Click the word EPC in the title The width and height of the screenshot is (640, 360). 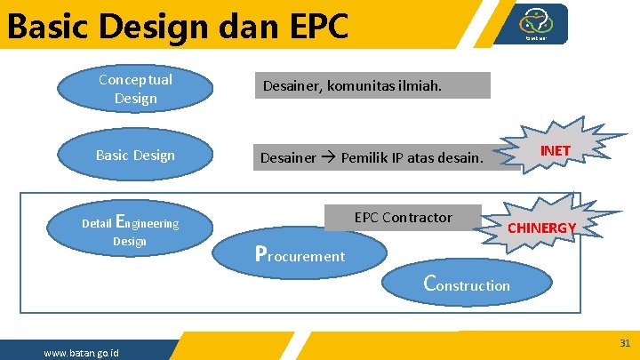312,27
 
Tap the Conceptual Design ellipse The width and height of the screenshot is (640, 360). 135,89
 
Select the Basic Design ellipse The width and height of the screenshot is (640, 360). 135,156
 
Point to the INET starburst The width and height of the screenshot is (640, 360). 555,151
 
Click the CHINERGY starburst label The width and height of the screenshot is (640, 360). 541,228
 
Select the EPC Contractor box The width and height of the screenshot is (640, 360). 403,218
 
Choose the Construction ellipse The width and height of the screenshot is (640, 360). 468,284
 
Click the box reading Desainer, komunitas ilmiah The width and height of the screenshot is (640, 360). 374,85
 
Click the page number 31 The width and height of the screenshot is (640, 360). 625,342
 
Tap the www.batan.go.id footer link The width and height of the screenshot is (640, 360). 81,354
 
